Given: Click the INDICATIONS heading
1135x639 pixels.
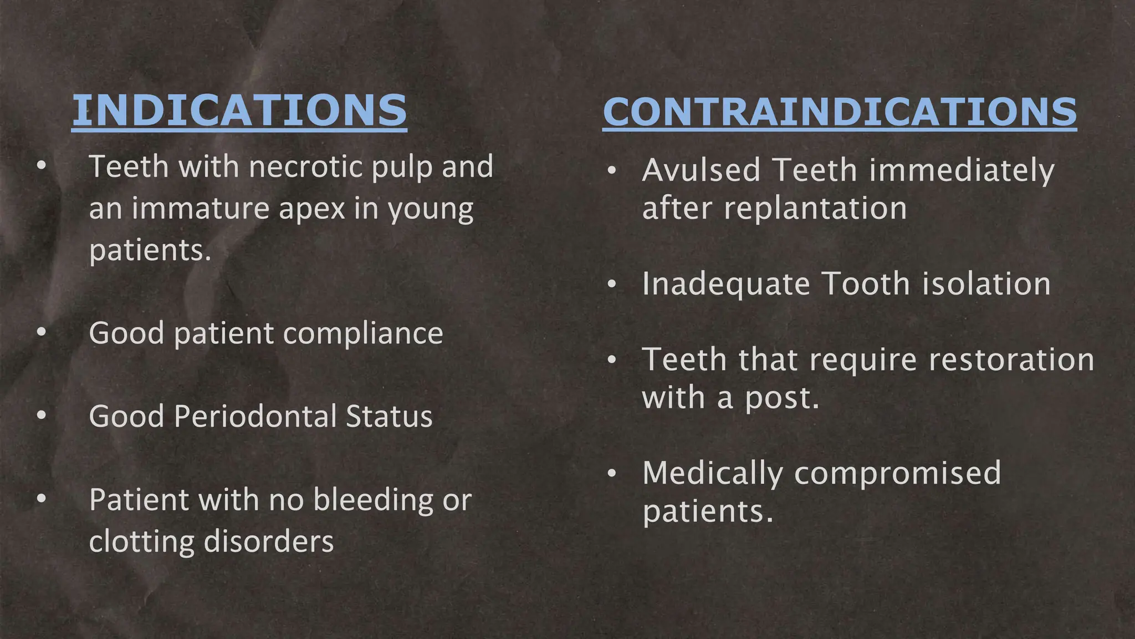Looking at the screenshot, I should coord(239,110).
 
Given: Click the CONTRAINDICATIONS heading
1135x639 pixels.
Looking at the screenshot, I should coord(840,112).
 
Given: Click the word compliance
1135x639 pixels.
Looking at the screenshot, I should coord(363,333).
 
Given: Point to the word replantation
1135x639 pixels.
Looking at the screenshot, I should coord(815,209).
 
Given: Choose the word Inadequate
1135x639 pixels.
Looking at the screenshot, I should coord(726,284).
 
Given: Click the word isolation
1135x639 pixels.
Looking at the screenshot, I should coord(986,284).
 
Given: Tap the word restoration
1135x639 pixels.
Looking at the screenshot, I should coord(1011,359).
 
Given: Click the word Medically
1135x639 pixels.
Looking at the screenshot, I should coord(713,473).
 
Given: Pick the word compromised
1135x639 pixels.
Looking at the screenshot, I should coord(898,474).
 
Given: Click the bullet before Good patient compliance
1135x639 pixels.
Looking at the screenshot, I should coord(42,332).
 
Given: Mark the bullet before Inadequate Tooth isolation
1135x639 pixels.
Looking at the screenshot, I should coord(611,285).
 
